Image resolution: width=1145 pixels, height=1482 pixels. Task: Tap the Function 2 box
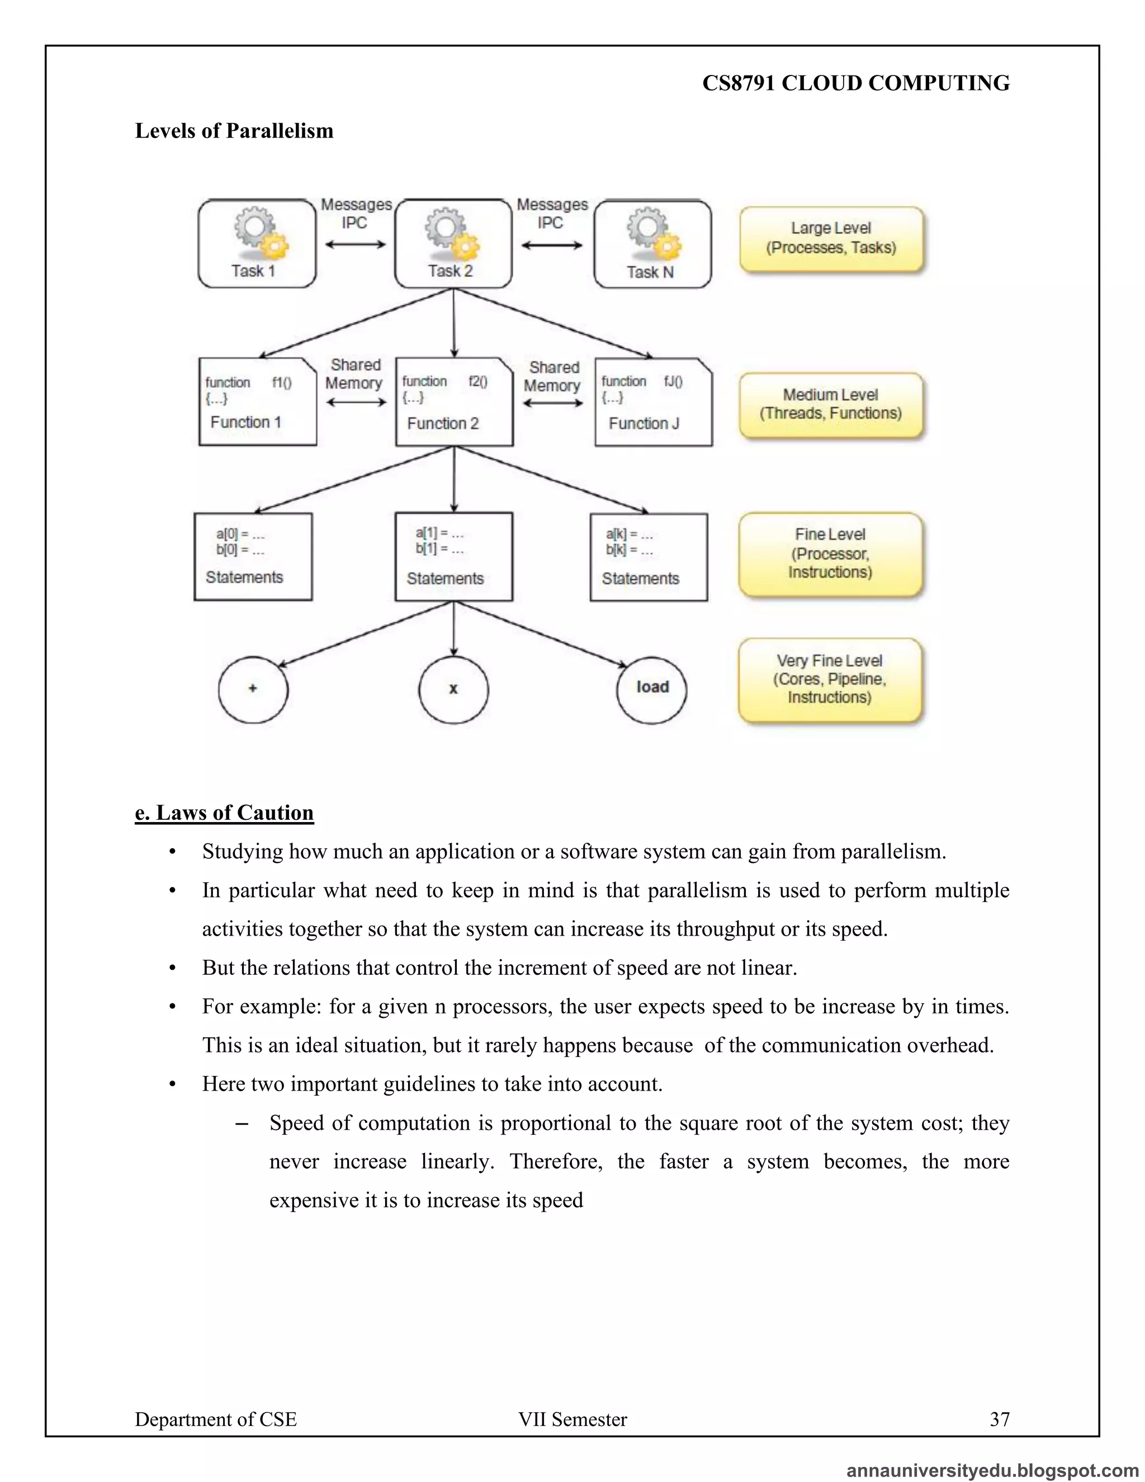454,402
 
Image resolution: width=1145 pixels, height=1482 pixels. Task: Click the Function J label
643,423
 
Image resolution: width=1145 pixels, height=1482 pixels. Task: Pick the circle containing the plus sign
253,690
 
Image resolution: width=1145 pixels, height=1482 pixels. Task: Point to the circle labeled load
651,690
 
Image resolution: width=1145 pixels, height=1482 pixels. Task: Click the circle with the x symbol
453,690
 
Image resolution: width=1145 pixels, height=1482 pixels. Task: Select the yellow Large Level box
831,239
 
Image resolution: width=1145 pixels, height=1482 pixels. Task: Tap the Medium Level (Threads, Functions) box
831,404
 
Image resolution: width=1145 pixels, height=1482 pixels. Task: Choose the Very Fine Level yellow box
830,679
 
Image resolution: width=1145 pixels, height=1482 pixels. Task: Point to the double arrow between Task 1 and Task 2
355,245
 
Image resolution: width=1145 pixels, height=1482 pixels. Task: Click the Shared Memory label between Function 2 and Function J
553,376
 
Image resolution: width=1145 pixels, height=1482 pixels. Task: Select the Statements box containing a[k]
649,557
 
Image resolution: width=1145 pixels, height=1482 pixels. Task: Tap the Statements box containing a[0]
253,556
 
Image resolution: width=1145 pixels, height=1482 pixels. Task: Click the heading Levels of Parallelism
234,131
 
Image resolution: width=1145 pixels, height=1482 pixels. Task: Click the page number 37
999,1419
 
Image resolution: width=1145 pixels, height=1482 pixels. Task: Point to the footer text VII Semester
572,1419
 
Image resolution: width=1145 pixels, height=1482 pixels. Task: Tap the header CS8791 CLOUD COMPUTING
855,83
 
